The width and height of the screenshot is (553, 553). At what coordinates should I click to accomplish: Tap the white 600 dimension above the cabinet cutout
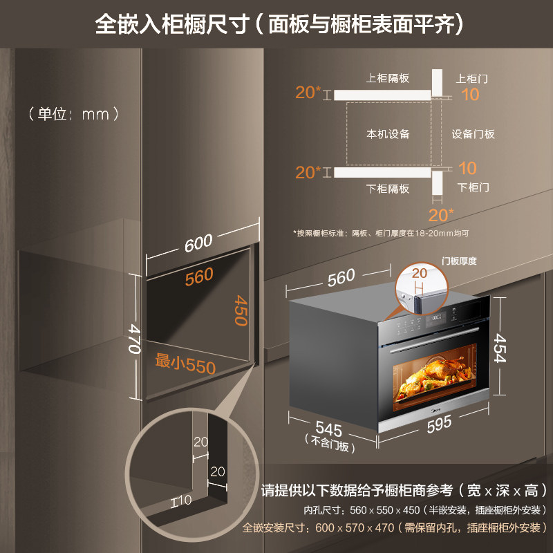[198, 243]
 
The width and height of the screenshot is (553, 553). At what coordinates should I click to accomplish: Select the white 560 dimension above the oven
[341, 278]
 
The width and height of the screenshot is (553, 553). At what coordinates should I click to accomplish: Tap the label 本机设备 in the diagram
[388, 133]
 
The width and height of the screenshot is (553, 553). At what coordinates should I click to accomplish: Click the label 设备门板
[474, 133]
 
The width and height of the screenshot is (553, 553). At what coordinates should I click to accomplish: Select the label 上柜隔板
[388, 78]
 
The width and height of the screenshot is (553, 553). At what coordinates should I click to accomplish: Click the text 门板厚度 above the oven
[460, 261]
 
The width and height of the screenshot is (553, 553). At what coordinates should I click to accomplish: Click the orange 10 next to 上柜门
[470, 95]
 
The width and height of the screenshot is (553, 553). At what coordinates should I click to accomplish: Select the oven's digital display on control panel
[437, 319]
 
